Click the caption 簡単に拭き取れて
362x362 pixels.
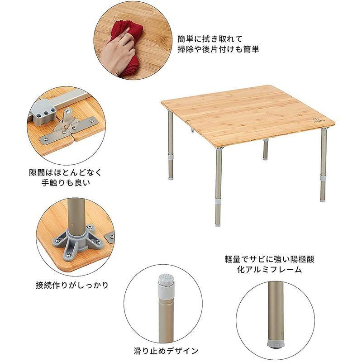point(204,39)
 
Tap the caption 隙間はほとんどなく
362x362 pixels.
point(65,173)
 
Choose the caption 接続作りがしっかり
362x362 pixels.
point(72,286)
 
